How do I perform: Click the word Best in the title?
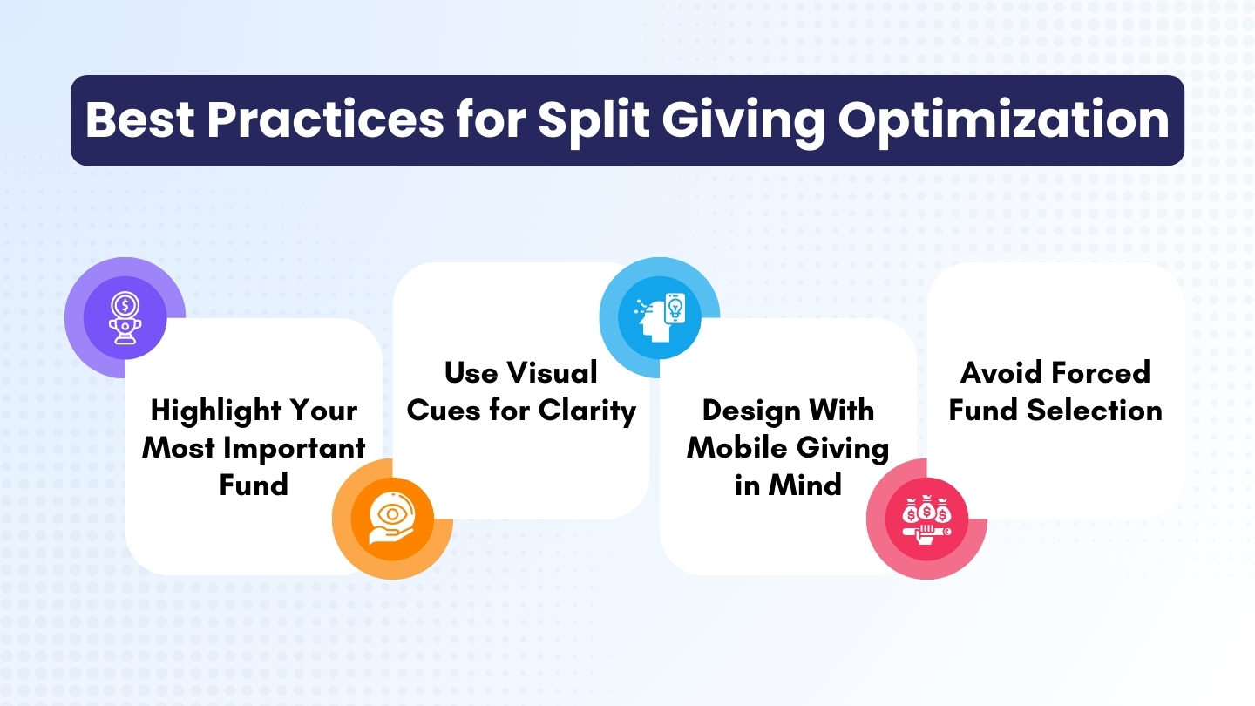tap(139, 120)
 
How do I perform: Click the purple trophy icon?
tap(125, 318)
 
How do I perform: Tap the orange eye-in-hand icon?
tap(392, 519)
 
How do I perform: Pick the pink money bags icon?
tap(926, 519)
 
